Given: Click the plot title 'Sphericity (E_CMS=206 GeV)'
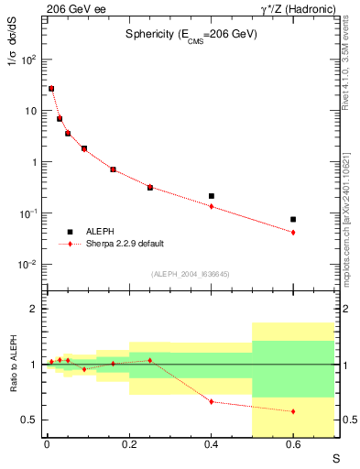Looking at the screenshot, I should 191,34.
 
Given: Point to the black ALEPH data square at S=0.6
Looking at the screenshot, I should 293,219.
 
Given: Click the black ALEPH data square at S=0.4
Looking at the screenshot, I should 212,196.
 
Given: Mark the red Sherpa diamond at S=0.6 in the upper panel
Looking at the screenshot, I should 293,233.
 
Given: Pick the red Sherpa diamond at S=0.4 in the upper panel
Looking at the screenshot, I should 212,206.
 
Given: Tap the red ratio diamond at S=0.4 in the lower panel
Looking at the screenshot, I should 212,402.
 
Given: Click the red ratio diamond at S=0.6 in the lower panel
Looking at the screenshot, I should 293,411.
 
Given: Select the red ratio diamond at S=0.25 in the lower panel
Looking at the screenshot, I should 149,360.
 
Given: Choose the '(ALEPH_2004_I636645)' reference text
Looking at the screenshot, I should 191,273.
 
